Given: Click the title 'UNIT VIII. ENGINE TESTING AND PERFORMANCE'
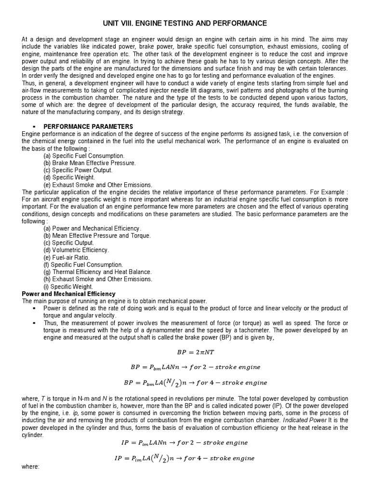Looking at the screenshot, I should [185, 23].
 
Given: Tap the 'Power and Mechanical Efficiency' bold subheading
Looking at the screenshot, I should [69, 293].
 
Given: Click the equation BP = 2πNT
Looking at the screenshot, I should [185, 352].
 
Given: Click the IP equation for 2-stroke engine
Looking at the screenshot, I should [185, 442].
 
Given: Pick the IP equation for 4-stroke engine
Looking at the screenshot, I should [185, 458].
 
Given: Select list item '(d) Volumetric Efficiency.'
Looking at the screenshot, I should [76, 250].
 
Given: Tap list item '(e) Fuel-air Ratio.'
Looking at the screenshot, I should [66, 258].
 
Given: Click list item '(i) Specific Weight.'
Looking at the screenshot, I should [68, 287].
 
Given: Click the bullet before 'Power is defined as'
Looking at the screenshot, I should [35, 308].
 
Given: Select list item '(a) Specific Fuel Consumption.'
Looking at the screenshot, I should [84, 156].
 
